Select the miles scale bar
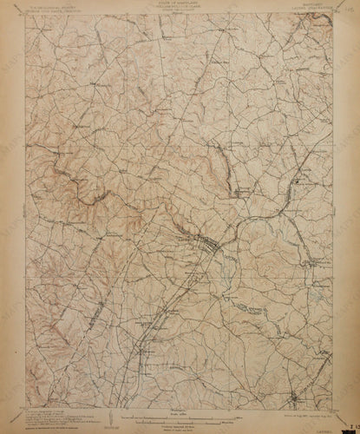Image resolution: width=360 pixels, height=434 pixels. coord(179,413)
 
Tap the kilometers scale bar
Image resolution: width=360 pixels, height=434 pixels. coord(179,418)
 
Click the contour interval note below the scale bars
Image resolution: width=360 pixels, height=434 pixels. coord(179,424)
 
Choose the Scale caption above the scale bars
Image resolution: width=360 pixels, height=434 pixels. coord(179,409)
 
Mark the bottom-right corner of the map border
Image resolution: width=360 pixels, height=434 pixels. coord(340,404)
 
